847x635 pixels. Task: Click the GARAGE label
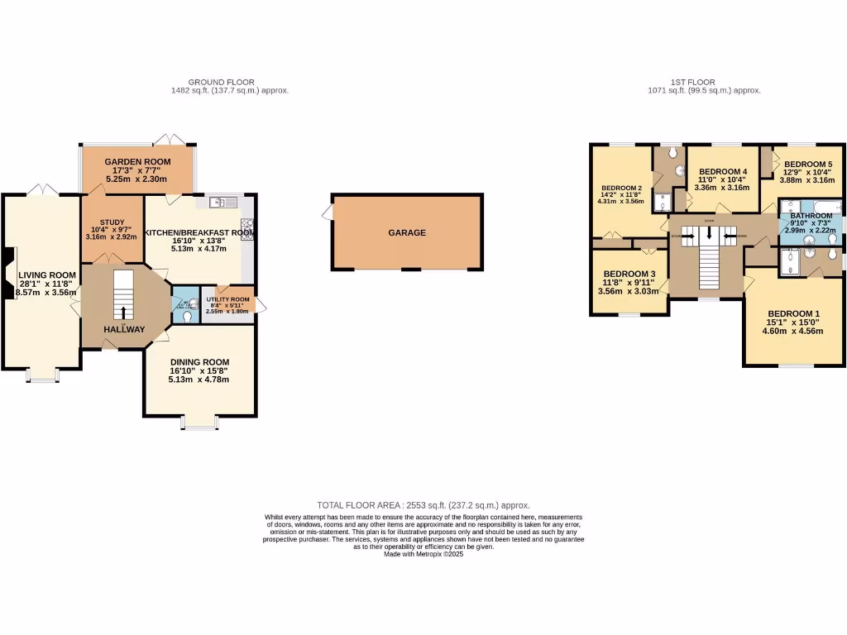(x=407, y=233)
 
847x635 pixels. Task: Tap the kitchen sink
(x=223, y=202)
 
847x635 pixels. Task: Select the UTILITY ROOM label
(x=227, y=299)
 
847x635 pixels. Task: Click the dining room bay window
(x=199, y=426)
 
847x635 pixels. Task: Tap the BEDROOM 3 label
(x=629, y=275)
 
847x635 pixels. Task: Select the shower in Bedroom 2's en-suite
(x=662, y=202)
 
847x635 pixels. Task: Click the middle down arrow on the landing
(x=709, y=232)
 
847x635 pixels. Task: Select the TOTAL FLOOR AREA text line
(x=423, y=505)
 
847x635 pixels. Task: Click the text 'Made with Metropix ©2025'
(x=423, y=554)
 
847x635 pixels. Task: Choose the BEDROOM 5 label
(x=807, y=165)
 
